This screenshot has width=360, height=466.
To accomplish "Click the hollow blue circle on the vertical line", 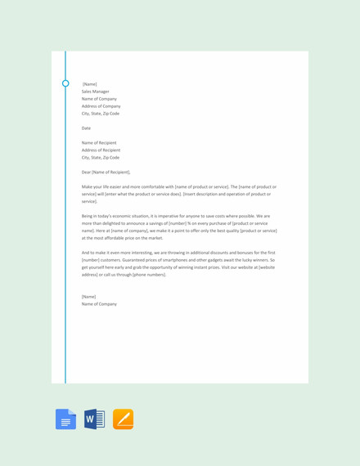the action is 65,83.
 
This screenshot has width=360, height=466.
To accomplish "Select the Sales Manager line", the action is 95,92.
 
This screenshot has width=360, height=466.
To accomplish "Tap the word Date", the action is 86,128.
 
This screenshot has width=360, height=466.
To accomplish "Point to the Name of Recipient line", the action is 101,143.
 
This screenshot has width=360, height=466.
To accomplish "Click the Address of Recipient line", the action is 101,150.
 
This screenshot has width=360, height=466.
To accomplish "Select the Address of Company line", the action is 101,106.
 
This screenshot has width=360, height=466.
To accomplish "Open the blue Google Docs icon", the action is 65,419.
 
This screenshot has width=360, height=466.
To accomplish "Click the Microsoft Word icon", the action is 94,419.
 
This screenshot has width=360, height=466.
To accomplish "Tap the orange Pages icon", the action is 123,419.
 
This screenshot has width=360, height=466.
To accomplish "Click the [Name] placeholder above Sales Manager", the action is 89,84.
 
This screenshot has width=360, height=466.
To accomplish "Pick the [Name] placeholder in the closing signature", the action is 88,297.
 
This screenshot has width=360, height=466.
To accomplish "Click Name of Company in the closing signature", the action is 99,304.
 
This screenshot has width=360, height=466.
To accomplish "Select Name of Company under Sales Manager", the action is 99,99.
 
